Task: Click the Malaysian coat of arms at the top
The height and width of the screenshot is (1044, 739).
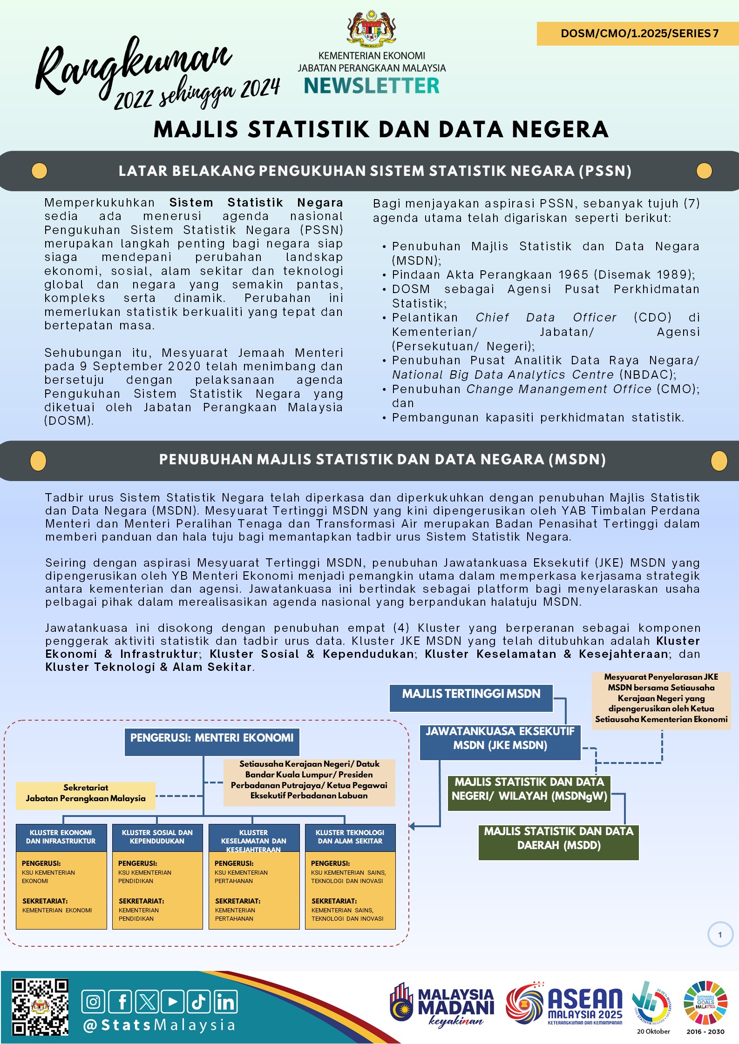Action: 371,29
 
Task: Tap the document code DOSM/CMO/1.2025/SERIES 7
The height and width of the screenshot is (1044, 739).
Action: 639,33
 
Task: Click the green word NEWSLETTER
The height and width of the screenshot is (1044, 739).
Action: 372,86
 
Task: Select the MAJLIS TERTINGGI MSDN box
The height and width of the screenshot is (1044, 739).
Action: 471,697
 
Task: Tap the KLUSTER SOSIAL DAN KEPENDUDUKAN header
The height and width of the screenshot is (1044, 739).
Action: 157,837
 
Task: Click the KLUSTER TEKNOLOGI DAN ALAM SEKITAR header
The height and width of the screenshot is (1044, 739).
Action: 350,837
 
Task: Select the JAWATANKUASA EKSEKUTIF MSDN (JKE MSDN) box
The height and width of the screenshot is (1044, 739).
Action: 500,742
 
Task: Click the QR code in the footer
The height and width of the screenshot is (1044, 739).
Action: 41,1007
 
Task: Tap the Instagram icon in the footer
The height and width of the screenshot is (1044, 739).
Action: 93,1001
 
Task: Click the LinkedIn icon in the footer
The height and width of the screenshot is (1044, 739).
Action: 226,1001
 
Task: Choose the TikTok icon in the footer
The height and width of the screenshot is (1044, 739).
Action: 199,1001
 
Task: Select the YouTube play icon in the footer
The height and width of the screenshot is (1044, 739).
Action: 173,1001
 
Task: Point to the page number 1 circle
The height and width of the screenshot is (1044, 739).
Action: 720,934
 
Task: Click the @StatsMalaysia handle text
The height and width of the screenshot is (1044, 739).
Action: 159,1025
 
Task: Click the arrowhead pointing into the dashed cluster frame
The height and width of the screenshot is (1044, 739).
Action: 412,826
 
